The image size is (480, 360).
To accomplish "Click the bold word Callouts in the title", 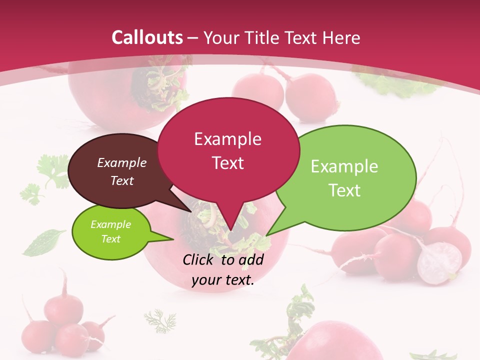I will pos(147,38).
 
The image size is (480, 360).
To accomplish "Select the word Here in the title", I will pos(339,38).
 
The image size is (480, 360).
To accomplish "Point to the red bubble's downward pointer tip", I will pos(230,230).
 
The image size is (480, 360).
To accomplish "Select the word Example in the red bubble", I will pos(227,139).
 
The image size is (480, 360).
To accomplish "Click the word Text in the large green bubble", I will pos(344,190).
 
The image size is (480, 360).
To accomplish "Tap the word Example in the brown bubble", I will pos(122,162).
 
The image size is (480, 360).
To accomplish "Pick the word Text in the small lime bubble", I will pos(110,239).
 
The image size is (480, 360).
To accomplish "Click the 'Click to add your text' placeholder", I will pos(223,269).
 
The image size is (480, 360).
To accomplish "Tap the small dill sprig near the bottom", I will pos(160,320).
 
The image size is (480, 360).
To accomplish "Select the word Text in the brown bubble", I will pos(122,180).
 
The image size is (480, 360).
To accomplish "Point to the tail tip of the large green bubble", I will pos(266,235).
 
